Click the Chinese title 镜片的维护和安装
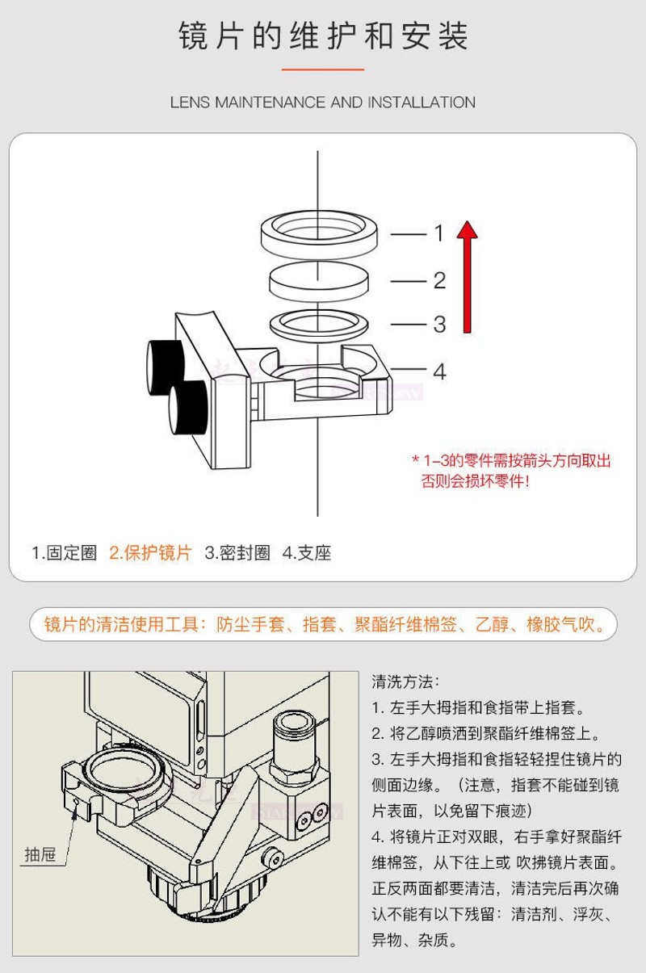(323, 37)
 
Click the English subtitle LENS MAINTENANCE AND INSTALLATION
(323, 103)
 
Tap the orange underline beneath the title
(323, 69)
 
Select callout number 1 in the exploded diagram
(438, 233)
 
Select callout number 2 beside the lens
(438, 280)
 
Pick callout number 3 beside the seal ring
(438, 324)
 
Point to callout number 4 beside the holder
(438, 371)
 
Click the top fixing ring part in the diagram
(321, 230)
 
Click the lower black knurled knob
(187, 408)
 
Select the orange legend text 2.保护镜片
(151, 553)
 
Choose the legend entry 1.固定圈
(64, 553)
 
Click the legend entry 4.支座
(307, 553)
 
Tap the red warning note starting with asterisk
(511, 471)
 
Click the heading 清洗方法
(405, 682)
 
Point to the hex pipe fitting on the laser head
(294, 743)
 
